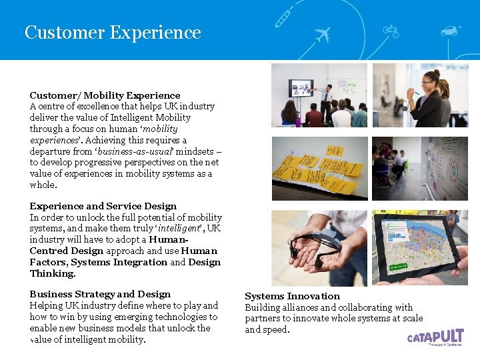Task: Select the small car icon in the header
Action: click(x=451, y=30)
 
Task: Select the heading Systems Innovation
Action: click(x=292, y=296)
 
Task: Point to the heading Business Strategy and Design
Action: click(x=100, y=294)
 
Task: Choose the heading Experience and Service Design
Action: click(x=103, y=206)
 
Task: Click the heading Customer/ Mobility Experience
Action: click(x=105, y=95)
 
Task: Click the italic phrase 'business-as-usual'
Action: click(x=131, y=151)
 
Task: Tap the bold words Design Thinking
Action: click(x=53, y=273)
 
